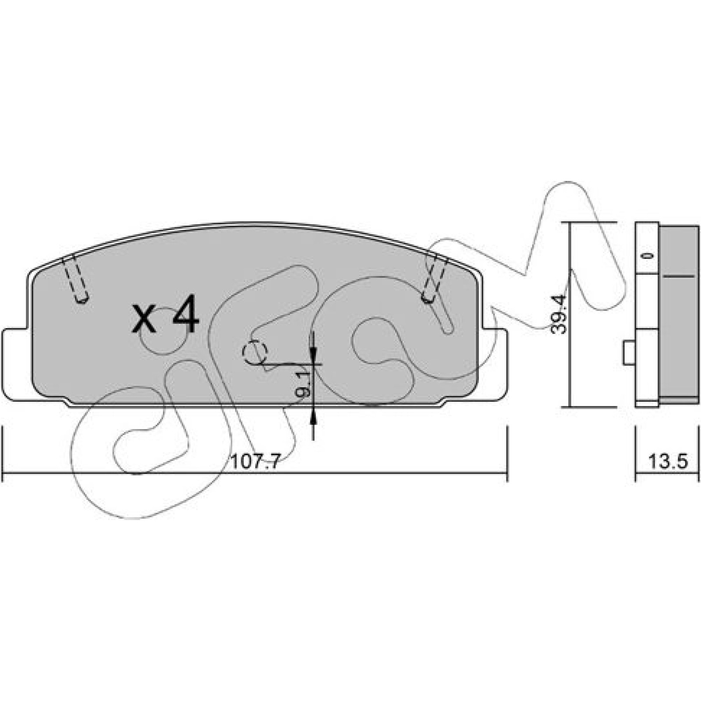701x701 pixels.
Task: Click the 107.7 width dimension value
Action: (255, 461)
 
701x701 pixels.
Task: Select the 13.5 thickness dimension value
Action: (668, 461)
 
